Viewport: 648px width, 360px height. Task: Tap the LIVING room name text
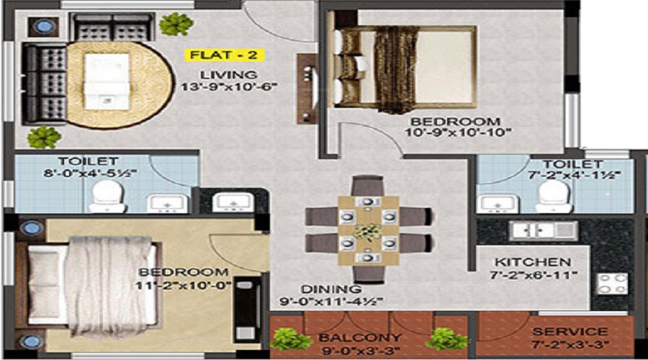click(x=228, y=75)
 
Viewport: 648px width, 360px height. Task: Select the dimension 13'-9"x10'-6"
click(x=228, y=87)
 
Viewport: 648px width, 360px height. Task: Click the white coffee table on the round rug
click(x=107, y=81)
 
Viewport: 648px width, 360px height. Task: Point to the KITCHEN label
click(x=533, y=262)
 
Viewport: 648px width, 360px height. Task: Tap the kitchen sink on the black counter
click(x=544, y=230)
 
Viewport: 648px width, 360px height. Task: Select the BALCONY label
click(x=360, y=338)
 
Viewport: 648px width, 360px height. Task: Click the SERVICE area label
click(x=570, y=331)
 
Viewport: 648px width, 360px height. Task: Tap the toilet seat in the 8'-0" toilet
click(x=107, y=195)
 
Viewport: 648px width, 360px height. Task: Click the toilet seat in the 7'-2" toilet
click(x=554, y=196)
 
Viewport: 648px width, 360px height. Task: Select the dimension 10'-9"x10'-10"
click(x=459, y=132)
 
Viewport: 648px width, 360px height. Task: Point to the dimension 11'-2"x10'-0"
click(x=183, y=285)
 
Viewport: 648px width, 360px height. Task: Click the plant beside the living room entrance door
click(x=176, y=24)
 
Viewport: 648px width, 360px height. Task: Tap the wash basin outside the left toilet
click(x=233, y=202)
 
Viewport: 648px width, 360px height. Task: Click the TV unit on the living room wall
click(x=307, y=89)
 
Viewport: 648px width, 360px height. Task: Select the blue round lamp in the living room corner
click(x=43, y=27)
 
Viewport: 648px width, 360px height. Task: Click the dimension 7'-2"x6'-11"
click(x=533, y=274)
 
